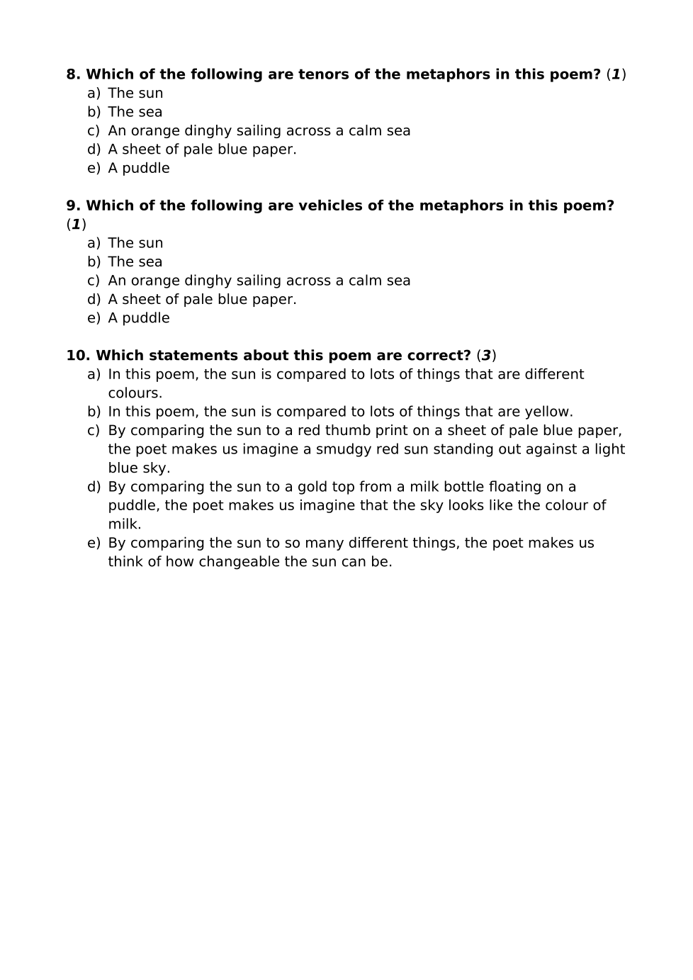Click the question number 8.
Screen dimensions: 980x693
click(x=73, y=74)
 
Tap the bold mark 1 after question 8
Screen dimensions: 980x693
click(x=616, y=74)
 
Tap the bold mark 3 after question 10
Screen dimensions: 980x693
click(x=486, y=356)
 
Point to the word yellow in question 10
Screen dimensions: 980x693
click(x=548, y=412)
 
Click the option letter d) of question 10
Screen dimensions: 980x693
click(x=94, y=487)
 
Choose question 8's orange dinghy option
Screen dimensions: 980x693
click(x=259, y=131)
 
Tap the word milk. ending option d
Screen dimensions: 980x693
click(x=125, y=524)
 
